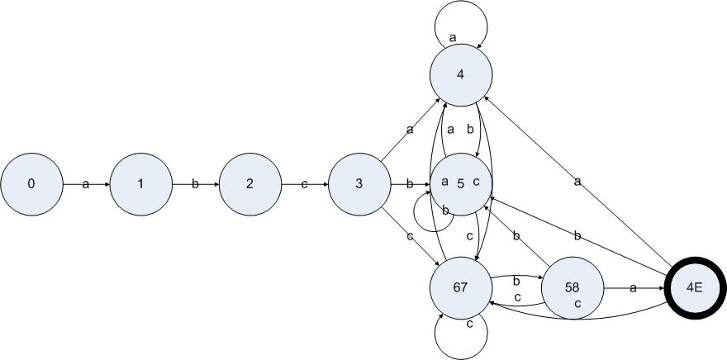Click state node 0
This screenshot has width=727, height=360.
(x=31, y=184)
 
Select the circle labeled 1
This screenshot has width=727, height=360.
(x=141, y=184)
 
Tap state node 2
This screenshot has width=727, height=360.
(x=250, y=184)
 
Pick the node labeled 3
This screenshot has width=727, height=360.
(x=359, y=184)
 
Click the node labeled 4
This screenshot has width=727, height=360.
(x=461, y=75)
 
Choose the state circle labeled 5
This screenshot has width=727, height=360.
(x=461, y=184)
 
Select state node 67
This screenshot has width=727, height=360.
(x=461, y=287)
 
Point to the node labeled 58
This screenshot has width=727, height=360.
(x=573, y=287)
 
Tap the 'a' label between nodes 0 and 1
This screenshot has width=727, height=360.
(x=86, y=184)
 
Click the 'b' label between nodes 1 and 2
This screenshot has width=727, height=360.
(x=195, y=184)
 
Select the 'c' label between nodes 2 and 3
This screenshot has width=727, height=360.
(x=305, y=184)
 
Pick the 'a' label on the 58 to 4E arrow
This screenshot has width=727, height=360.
(x=634, y=288)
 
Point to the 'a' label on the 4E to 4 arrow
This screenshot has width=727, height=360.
(x=577, y=182)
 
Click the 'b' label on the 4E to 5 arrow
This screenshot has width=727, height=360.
(x=577, y=236)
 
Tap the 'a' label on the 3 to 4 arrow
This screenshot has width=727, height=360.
(x=410, y=130)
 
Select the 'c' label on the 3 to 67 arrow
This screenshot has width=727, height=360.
(x=410, y=236)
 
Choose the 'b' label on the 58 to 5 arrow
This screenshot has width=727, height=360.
(x=516, y=236)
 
